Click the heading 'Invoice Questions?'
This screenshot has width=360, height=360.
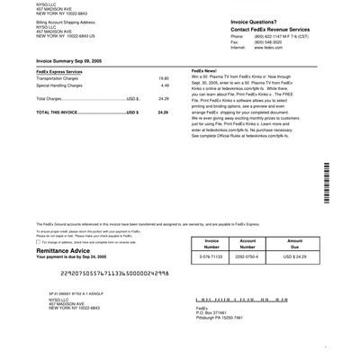click(x=230, y=20)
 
